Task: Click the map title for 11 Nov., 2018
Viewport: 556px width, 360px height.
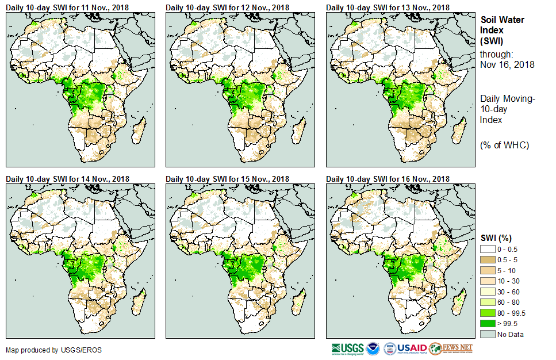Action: point(67,7)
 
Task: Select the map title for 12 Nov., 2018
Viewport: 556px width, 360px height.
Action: point(227,7)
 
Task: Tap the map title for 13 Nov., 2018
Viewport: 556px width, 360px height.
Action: point(388,7)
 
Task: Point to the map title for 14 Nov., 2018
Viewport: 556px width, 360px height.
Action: point(67,179)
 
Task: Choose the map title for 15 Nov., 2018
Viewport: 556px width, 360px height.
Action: point(227,179)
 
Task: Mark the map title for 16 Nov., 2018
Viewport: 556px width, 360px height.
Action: point(388,179)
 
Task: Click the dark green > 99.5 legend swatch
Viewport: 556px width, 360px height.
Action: point(489,324)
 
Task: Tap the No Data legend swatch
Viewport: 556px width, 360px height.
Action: point(489,334)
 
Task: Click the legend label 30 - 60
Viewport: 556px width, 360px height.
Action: point(509,291)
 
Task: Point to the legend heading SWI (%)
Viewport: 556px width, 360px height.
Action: point(496,238)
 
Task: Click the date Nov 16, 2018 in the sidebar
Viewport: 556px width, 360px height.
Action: point(507,64)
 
